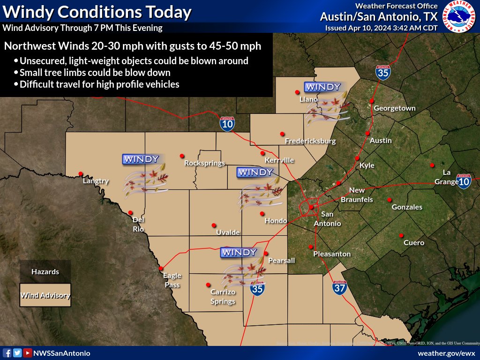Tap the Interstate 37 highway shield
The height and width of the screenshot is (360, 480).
click(340, 287)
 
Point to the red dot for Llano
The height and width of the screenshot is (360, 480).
click(297, 92)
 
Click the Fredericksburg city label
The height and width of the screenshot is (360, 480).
click(310, 141)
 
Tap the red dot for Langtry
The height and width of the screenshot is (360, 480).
click(81, 173)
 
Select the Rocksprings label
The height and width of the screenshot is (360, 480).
click(204, 163)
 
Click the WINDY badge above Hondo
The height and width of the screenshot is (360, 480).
click(255, 172)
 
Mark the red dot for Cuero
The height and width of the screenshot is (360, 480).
click(401, 235)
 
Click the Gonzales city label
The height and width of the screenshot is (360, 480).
click(407, 207)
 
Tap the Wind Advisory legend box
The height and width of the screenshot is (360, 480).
click(45, 295)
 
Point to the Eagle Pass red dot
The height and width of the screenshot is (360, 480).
click(161, 268)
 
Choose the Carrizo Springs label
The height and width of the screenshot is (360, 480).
click(223, 297)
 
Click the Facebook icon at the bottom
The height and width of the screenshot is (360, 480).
click(7, 353)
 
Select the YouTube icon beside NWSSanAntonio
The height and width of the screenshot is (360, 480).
click(28, 353)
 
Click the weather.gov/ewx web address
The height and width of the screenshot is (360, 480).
click(446, 353)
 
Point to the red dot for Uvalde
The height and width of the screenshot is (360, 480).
click(214, 225)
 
